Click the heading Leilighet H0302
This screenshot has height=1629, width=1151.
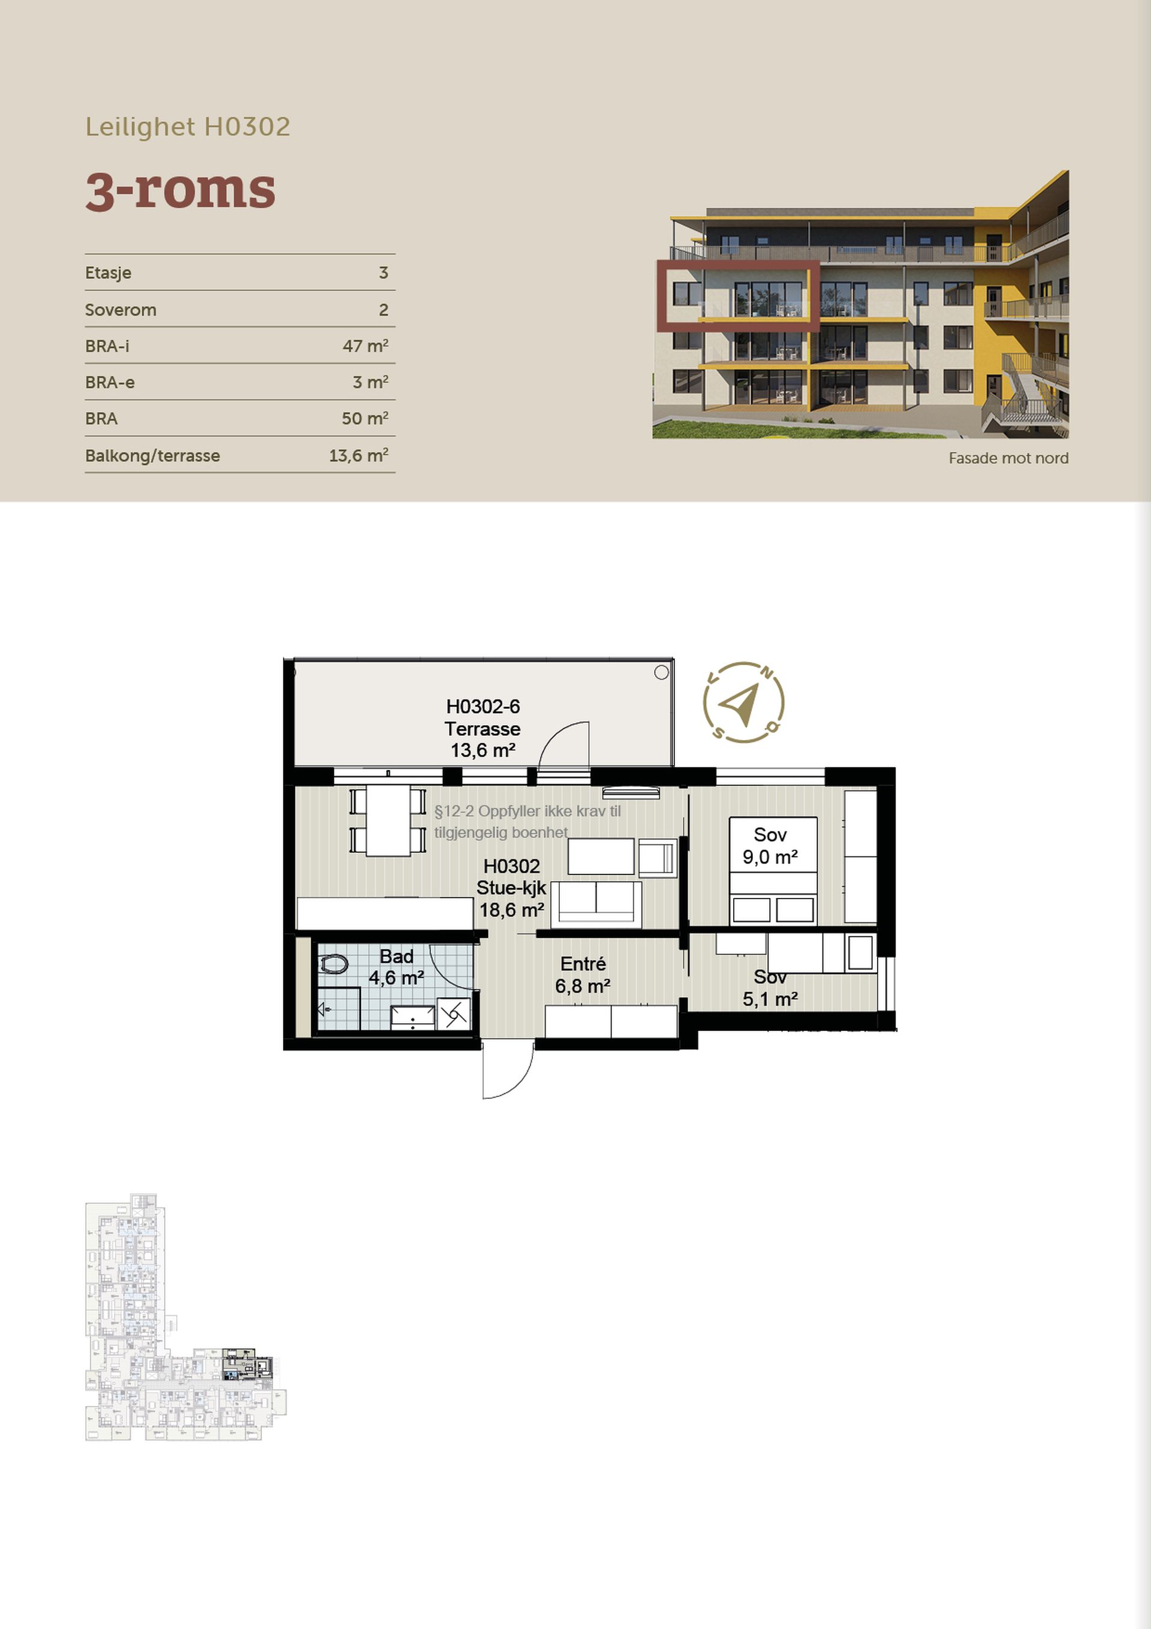(188, 127)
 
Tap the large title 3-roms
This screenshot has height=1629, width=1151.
(180, 190)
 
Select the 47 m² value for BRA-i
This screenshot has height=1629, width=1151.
(365, 345)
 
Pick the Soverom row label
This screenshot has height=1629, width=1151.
(120, 309)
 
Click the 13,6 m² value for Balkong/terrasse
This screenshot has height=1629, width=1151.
(358, 455)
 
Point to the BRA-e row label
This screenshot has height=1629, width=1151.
(110, 383)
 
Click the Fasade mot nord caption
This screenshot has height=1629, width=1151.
(1008, 458)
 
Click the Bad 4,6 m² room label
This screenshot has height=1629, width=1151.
(396, 967)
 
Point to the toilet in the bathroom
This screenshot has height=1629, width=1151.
(334, 963)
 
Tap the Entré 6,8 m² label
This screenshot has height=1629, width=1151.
(583, 975)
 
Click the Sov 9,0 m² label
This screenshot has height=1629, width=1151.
(770, 846)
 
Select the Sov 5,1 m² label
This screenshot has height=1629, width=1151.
(770, 988)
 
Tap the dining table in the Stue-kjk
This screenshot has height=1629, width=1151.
(388, 820)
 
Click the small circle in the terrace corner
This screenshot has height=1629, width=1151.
(661, 672)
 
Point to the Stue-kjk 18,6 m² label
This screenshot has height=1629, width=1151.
(511, 888)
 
